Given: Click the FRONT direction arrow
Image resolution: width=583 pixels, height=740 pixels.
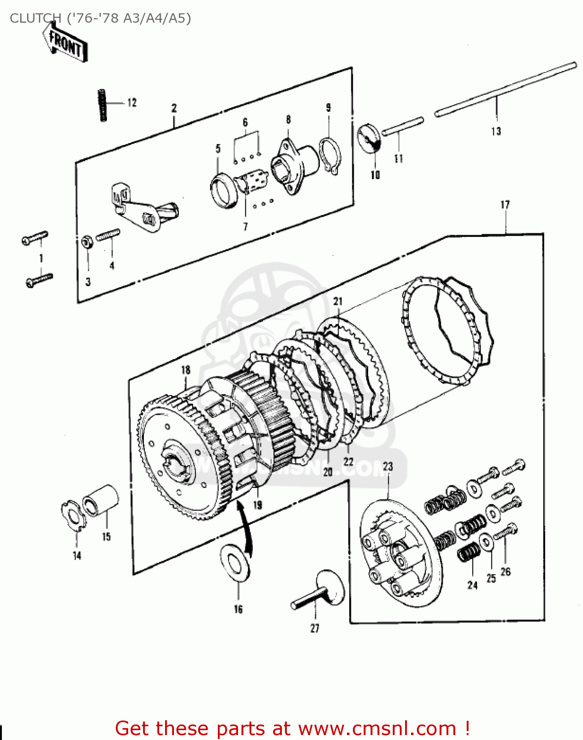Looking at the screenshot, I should point(65,43).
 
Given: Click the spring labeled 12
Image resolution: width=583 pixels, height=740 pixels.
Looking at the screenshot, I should point(103,105).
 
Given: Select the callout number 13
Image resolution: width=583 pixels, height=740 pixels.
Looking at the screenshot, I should point(496,131).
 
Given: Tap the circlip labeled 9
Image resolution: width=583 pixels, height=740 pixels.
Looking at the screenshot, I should point(329,154).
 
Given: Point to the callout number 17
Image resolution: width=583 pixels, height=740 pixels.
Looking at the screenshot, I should point(505,204).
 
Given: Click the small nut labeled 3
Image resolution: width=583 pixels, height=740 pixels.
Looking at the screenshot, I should point(86,242).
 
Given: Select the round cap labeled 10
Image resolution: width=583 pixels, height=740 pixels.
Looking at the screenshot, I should point(369,139).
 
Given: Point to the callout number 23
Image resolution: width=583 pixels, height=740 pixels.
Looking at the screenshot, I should point(388,466).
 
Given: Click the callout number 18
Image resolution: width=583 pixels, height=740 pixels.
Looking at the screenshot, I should point(185,370).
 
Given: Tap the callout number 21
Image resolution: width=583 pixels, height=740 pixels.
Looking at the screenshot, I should point(338,301).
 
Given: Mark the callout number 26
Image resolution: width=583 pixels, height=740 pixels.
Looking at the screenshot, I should point(506,572).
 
